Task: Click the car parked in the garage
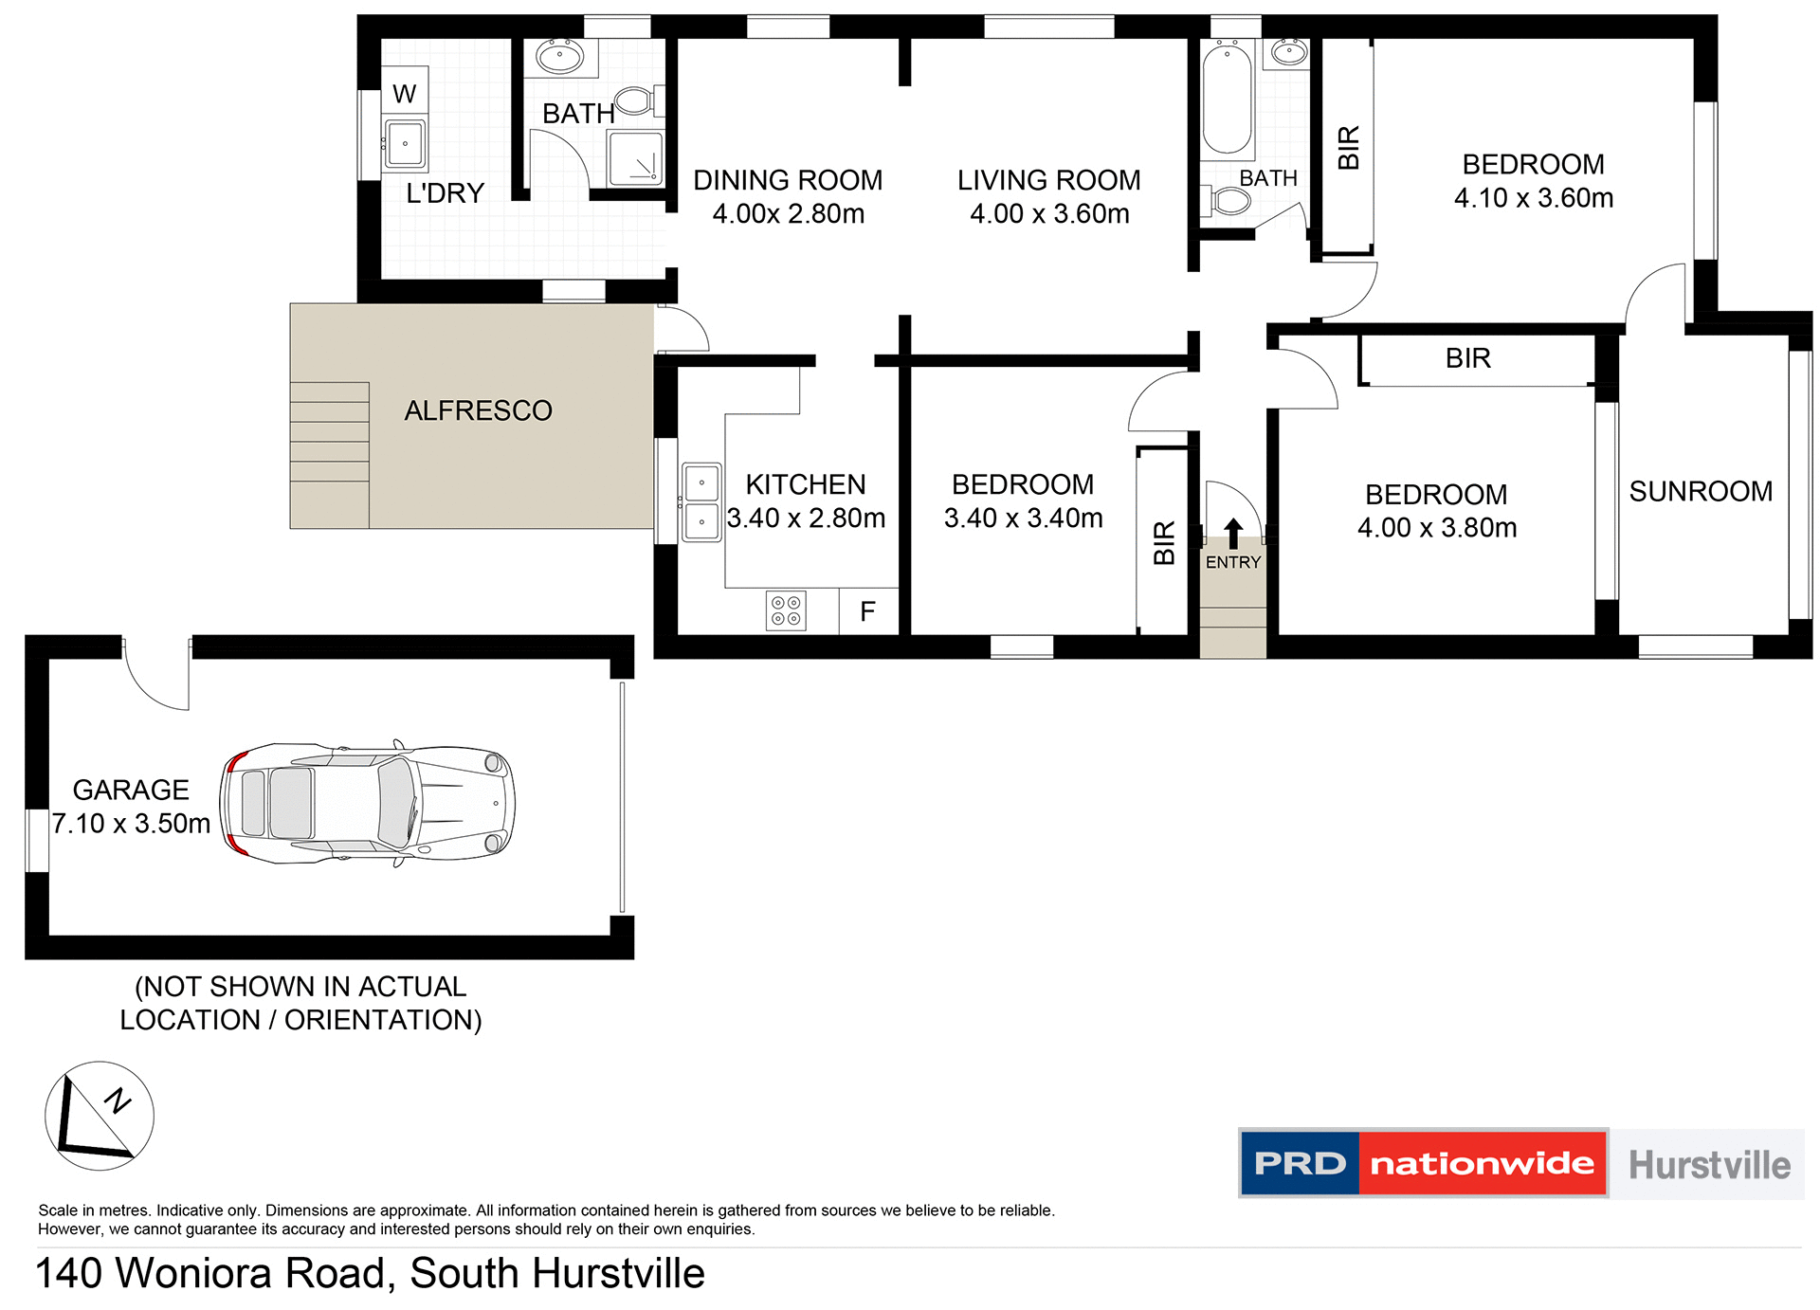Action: [368, 803]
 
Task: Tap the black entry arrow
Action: [1232, 533]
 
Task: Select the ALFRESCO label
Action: [478, 410]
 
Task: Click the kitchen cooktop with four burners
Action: [785, 610]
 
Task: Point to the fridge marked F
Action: [867, 611]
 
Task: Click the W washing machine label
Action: [404, 94]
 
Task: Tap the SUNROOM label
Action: [1701, 491]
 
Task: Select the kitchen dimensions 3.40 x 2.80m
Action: [806, 518]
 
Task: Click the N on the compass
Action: [118, 1100]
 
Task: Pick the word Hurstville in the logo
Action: [1709, 1164]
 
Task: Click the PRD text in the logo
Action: [1300, 1163]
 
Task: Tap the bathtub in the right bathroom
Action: [1227, 100]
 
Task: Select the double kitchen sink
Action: [701, 501]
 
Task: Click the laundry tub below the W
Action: [405, 144]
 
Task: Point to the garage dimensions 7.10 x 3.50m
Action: [131, 823]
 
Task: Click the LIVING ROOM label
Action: [1048, 180]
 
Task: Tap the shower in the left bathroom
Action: [635, 158]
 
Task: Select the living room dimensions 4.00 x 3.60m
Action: [1049, 213]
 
